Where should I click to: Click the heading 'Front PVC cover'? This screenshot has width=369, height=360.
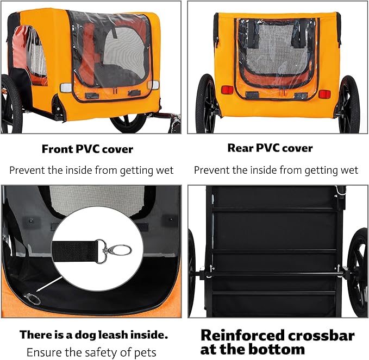pyautogui.click(x=87, y=149)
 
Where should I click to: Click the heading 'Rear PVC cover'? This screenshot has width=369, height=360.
pyautogui.click(x=271, y=148)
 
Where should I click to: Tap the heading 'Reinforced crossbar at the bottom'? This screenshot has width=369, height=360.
pyautogui.click(x=277, y=342)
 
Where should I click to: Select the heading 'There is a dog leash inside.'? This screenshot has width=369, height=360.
pyautogui.click(x=93, y=334)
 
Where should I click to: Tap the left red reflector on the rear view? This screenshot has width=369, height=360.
pyautogui.click(x=227, y=90)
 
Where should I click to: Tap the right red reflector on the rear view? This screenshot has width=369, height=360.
pyautogui.click(x=324, y=94)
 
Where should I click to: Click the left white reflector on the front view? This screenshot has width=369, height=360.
pyautogui.click(x=65, y=87)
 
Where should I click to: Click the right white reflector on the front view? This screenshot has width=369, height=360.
pyautogui.click(x=154, y=85)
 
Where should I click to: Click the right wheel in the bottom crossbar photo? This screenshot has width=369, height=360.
pyautogui.click(x=357, y=271)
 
